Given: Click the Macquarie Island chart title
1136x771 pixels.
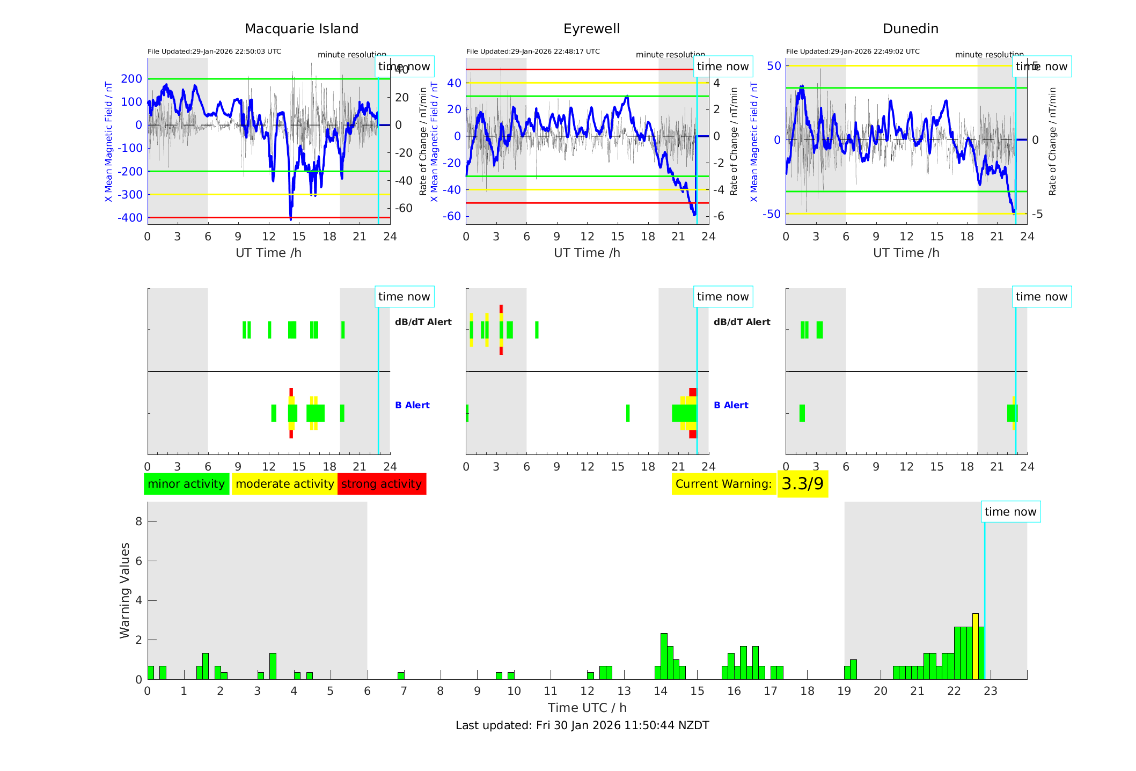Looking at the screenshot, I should [x=301, y=29].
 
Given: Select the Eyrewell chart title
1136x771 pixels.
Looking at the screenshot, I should [x=591, y=29].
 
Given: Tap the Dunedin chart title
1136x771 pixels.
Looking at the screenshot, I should [x=910, y=29].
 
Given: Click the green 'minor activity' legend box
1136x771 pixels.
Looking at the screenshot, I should [x=186, y=484].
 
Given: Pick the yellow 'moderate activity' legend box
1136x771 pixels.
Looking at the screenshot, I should [x=284, y=484].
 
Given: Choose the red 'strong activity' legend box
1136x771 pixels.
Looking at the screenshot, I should [x=382, y=484].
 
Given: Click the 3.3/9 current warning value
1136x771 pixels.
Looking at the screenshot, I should [x=802, y=484].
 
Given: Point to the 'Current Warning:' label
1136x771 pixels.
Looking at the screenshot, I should [x=723, y=484].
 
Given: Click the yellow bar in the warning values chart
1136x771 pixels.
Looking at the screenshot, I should [x=975, y=646].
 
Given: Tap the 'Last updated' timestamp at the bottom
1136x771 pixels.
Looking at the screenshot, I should [x=582, y=725].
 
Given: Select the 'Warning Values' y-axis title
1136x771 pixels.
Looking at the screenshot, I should [x=125, y=590].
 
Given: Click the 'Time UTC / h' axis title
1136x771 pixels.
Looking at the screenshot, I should [x=587, y=708].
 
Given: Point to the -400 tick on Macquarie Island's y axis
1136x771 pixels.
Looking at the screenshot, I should [x=130, y=218].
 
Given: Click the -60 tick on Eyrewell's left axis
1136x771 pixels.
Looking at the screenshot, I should [x=451, y=216].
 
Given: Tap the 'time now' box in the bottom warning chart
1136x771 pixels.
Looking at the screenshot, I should [x=1010, y=512].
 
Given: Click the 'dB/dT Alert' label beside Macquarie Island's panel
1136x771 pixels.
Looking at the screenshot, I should [x=423, y=322].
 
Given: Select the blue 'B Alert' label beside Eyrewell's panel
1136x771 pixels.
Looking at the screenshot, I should [x=731, y=405].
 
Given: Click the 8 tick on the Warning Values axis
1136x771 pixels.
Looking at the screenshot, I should [x=138, y=521].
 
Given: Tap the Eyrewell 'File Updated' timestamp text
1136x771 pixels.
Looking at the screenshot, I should [x=533, y=52].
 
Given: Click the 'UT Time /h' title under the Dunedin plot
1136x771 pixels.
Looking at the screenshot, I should [x=906, y=253].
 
